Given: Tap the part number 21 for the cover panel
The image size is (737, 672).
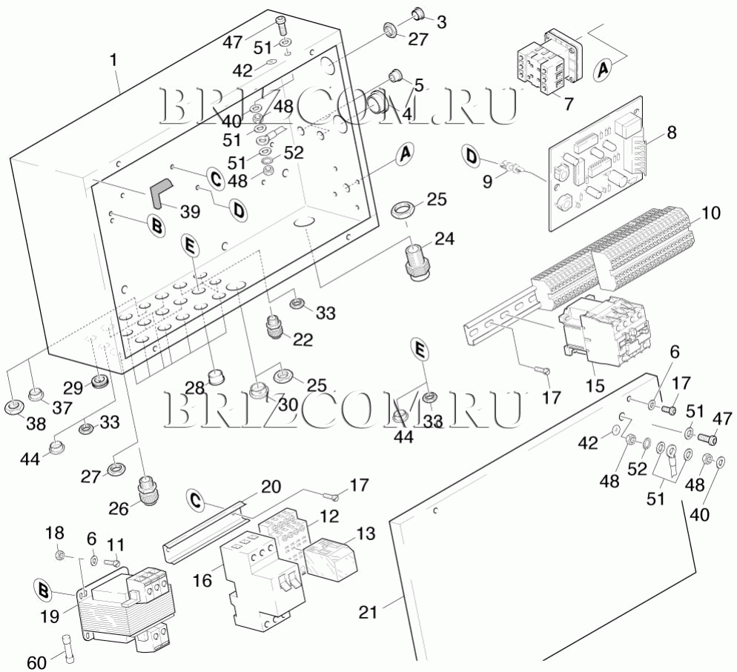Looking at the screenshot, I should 368,613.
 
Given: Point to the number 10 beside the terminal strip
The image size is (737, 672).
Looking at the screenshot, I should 710,213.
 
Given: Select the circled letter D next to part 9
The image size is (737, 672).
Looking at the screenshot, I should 471,156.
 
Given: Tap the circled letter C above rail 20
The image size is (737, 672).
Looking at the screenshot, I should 194,500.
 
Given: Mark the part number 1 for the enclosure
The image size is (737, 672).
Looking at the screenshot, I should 114,59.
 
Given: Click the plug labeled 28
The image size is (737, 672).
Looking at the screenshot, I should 216,376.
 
